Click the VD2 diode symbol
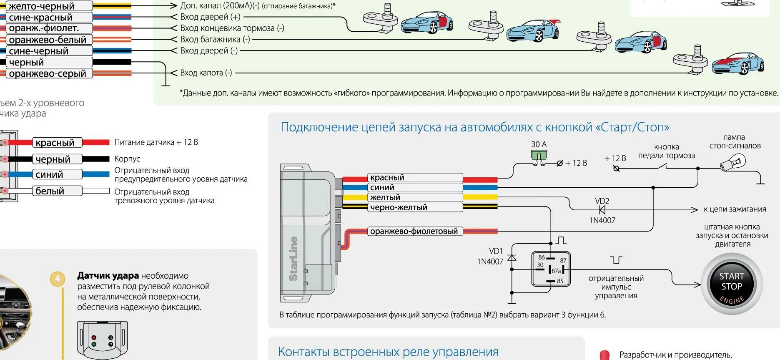click(602, 210)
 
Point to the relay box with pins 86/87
click(551, 269)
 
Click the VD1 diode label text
click(496, 251)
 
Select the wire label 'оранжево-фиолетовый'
click(414, 231)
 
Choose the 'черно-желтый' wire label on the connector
click(399, 207)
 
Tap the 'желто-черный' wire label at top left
click(42, 6)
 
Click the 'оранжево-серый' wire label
click(48, 73)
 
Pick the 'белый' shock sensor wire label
click(50, 191)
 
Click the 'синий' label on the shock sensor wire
click(49, 174)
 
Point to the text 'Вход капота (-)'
click(206, 73)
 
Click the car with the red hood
click(737, 63)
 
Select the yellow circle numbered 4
click(58, 279)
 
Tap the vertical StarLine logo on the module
click(293, 258)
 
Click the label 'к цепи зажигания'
click(735, 209)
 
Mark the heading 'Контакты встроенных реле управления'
click(388, 352)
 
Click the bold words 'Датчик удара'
click(108, 276)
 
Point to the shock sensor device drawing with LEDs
click(102, 340)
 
